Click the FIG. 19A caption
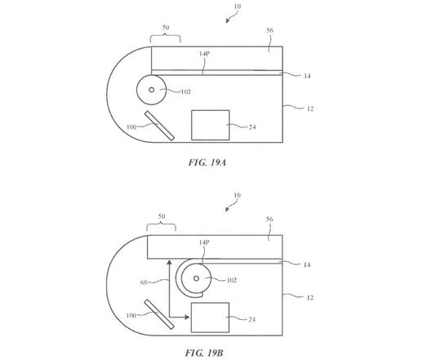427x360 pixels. (x=207, y=162)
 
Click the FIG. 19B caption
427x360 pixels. (x=204, y=353)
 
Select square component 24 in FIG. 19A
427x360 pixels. (x=211, y=125)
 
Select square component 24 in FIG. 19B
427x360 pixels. (x=210, y=318)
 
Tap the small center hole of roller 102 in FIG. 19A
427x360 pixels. (x=151, y=90)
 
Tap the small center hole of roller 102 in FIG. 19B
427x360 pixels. (x=196, y=278)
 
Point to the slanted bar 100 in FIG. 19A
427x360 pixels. (x=159, y=126)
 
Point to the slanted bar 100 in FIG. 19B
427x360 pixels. (x=159, y=314)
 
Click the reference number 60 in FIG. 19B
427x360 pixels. (x=144, y=282)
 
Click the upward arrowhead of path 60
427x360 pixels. (x=169, y=262)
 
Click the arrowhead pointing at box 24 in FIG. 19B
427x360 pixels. (x=187, y=317)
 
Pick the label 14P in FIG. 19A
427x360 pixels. (x=204, y=54)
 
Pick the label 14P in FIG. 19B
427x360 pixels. (x=204, y=242)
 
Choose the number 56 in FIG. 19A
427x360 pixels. (x=269, y=30)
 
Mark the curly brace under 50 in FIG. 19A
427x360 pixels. (x=165, y=38)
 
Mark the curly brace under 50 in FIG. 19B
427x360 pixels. (x=161, y=227)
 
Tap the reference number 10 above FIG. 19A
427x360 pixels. (x=238, y=6)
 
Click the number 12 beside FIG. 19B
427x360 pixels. (x=310, y=298)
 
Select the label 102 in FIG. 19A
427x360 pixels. (x=185, y=91)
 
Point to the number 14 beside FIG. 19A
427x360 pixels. (x=307, y=76)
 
